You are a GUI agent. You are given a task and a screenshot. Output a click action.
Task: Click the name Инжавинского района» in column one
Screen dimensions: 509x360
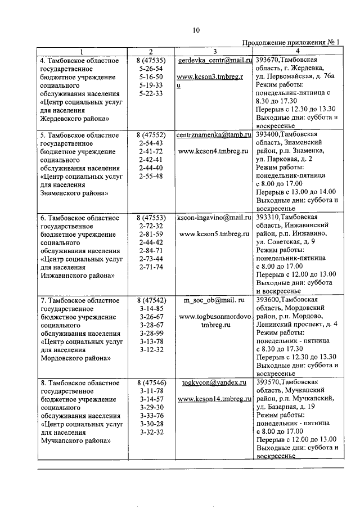tap(77, 276)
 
